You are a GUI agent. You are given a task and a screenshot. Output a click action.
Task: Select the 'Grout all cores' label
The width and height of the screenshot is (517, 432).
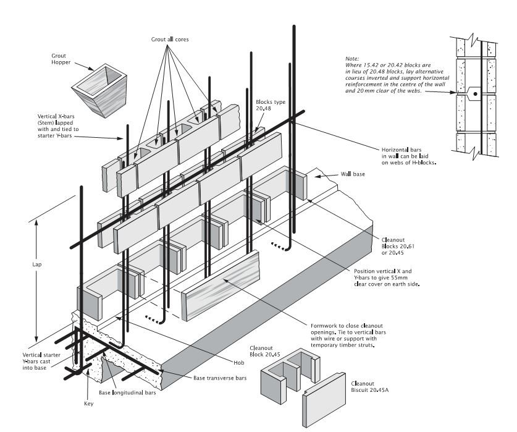point(170,40)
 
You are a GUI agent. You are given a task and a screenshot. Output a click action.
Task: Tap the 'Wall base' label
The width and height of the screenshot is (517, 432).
point(353,175)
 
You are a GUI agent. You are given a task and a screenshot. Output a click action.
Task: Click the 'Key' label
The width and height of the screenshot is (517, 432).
point(88,404)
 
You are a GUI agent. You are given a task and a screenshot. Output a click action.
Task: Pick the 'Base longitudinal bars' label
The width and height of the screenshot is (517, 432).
point(127,393)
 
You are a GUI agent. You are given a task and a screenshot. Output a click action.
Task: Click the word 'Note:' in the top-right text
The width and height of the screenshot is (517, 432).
point(353,58)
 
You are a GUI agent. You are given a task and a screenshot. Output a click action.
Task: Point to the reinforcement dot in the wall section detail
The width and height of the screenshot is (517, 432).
point(475,95)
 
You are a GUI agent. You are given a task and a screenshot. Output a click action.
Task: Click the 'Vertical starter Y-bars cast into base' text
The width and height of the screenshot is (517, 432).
point(41,364)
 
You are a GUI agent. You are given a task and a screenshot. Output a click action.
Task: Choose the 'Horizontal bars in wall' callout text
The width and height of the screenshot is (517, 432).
point(408,156)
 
